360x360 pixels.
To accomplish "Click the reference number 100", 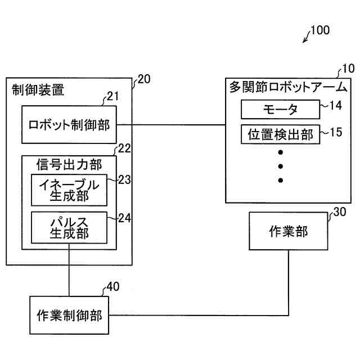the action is [320, 30].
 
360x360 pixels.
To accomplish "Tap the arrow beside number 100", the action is [307, 38].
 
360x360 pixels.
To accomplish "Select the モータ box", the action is [280, 109].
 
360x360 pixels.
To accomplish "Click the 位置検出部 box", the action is [280, 134].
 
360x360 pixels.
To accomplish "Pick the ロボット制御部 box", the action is [69, 125].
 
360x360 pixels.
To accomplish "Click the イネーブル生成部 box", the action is [69, 190].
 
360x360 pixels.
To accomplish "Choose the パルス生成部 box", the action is [69, 227].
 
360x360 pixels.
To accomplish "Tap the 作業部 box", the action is [289, 231].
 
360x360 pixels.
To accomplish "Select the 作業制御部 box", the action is [69, 315].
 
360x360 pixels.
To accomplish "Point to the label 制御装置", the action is [38, 89].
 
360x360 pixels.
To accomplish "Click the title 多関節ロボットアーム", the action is [289, 87].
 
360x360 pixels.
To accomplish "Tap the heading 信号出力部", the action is [69, 165].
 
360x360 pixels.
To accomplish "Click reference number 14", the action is [336, 105].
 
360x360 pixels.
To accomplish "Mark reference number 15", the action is [336, 132].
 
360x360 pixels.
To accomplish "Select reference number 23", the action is [124, 180].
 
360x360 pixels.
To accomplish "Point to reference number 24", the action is [124, 218].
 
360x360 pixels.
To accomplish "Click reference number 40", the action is [113, 286].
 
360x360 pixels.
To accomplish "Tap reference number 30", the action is [340, 212].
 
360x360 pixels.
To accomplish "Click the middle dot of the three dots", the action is [280, 166].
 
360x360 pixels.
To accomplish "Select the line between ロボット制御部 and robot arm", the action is [171, 125].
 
